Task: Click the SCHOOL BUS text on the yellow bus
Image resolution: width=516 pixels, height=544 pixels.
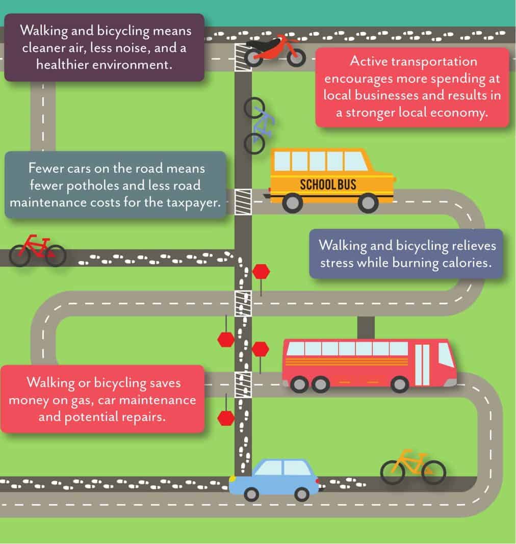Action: click(328, 184)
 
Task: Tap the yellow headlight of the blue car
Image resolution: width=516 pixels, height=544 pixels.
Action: click(233, 479)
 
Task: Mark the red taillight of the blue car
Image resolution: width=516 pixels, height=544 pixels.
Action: click(318, 481)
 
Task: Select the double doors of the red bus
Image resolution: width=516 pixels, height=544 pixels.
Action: click(422, 365)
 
